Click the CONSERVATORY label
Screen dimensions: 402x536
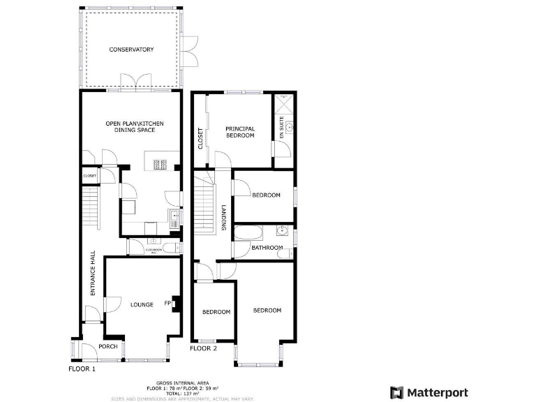(x=131, y=50)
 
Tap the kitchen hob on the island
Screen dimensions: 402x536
(x=160, y=165)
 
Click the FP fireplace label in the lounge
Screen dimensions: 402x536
(x=167, y=303)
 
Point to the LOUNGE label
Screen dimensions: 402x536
(x=142, y=304)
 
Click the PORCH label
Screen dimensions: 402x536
(x=107, y=347)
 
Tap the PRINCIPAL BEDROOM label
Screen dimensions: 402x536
(x=240, y=132)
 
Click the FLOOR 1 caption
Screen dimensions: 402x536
(x=82, y=368)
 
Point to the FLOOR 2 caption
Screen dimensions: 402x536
(x=204, y=348)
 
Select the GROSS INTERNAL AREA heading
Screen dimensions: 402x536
(x=182, y=383)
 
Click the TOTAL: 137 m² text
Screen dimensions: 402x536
(x=182, y=393)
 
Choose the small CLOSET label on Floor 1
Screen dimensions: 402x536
(x=89, y=176)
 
